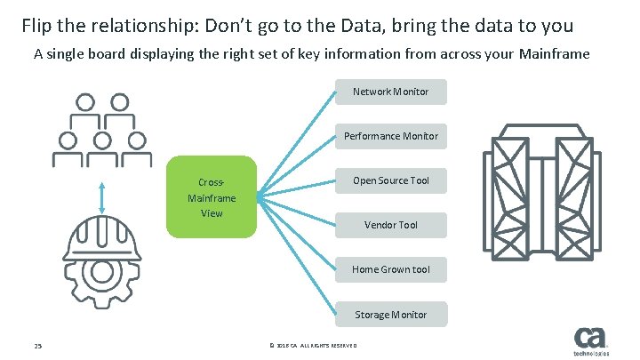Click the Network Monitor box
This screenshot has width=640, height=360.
(x=390, y=92)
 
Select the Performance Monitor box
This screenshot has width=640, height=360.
(x=390, y=136)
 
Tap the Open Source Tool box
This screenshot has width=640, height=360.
(x=390, y=180)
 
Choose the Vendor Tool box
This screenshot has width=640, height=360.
(x=390, y=225)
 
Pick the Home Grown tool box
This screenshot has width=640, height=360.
(x=390, y=269)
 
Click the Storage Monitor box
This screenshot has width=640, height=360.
(x=390, y=315)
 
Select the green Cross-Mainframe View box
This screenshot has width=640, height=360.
(x=212, y=196)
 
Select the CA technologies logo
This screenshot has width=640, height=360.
(x=591, y=342)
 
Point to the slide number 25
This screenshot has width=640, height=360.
(x=38, y=346)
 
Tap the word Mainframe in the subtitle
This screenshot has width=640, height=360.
(x=550, y=54)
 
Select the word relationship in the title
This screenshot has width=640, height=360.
(x=149, y=23)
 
